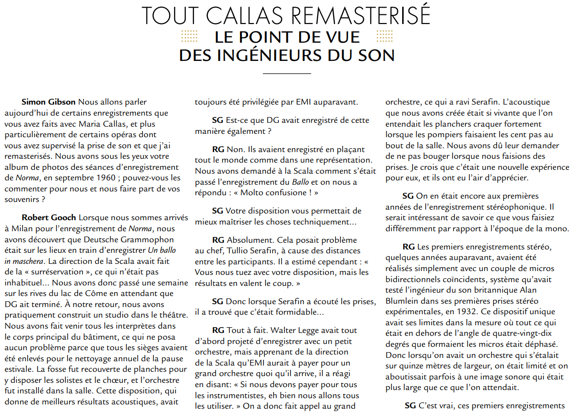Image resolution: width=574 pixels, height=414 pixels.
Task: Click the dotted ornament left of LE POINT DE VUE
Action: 190,36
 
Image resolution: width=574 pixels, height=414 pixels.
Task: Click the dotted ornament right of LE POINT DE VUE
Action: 384,36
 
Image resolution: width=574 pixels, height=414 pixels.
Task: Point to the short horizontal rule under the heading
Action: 287,73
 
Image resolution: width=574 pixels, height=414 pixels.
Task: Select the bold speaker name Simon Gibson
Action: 48,102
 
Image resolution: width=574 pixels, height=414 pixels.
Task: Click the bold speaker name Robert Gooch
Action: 49,218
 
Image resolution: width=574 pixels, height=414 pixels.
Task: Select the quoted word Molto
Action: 245,192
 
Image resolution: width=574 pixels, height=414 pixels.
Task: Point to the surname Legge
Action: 331,331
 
